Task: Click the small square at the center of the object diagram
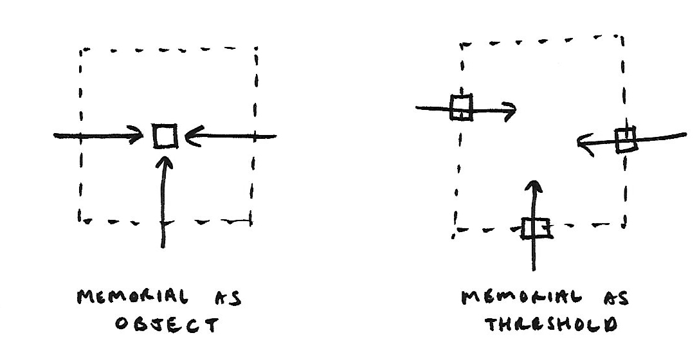pos(165,136)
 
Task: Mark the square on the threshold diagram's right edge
pos(625,139)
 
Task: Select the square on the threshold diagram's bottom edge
pos(535,228)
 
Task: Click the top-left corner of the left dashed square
pos(82,49)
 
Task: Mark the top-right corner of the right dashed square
pos(622,37)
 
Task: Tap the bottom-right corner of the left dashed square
pos(251,222)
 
